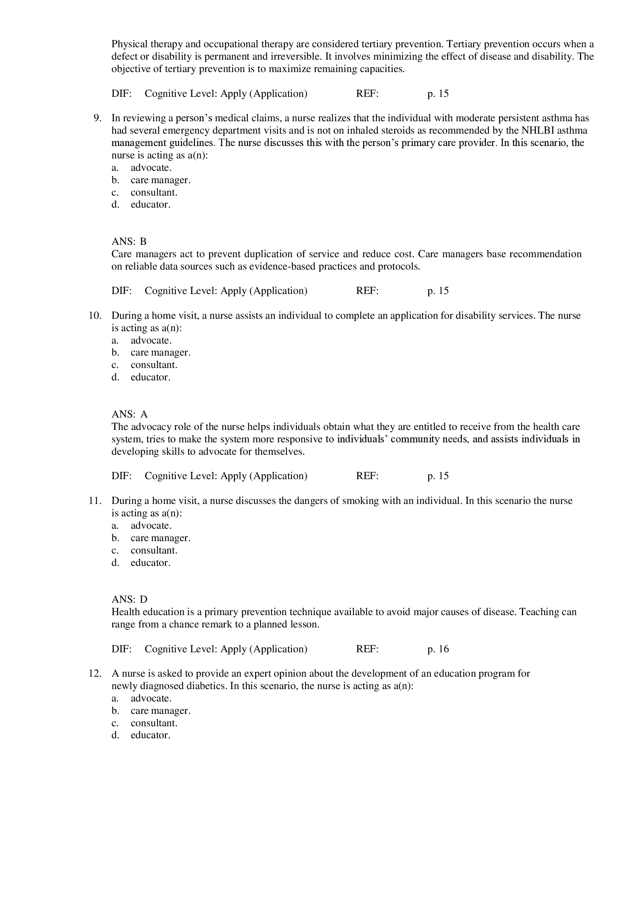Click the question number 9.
coord(98,118)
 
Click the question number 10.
coord(95,316)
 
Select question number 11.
coord(95,501)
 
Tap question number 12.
coord(95,674)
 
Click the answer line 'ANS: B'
coord(129,241)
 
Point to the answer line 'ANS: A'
coord(129,414)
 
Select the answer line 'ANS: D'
coord(129,599)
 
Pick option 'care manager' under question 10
coord(161,352)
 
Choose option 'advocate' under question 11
coord(151,526)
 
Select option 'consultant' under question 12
coord(154,723)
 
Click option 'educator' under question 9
coord(150,205)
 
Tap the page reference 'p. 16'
coord(438,649)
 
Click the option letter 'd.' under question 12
coord(115,735)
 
